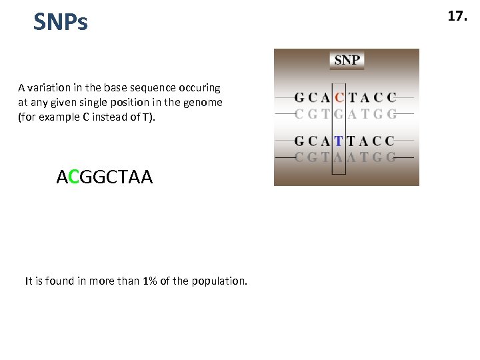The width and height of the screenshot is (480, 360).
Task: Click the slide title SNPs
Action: point(61,23)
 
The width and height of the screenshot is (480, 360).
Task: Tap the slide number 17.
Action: point(457,17)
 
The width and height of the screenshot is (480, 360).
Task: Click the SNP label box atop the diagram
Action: point(347,60)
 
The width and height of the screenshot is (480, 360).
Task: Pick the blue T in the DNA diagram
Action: point(339,141)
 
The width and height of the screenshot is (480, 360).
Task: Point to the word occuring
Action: point(200,87)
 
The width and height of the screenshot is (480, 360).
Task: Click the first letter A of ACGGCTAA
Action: point(62,177)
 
